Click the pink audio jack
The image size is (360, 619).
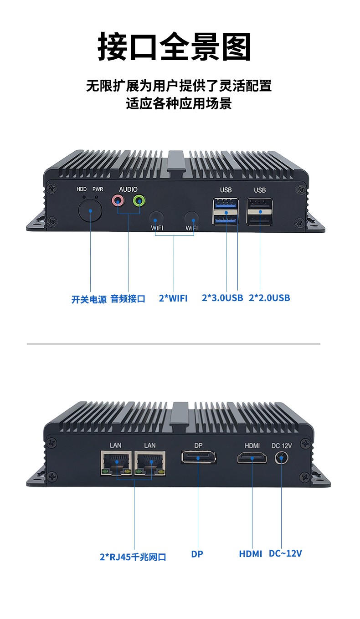click(118, 200)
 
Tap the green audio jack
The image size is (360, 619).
click(139, 200)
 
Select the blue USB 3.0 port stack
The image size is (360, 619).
click(226, 211)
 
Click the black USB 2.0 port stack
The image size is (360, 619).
click(260, 211)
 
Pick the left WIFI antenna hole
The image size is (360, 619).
click(156, 217)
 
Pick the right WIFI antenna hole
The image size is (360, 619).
click(191, 217)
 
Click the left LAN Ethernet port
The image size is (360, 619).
click(116, 463)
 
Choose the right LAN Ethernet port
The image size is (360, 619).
click(150, 463)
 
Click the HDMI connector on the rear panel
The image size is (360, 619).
click(252, 457)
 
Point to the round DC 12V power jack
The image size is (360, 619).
click(282, 457)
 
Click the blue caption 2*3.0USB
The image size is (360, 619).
click(222, 298)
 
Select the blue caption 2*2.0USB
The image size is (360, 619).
click(269, 298)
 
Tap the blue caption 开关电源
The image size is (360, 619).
click(89, 299)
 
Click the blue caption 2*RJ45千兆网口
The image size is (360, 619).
click(133, 557)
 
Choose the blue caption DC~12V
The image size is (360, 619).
click(285, 553)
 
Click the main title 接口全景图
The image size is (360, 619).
click(175, 47)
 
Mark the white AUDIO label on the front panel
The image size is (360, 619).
click(128, 189)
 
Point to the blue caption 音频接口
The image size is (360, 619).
click(128, 299)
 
